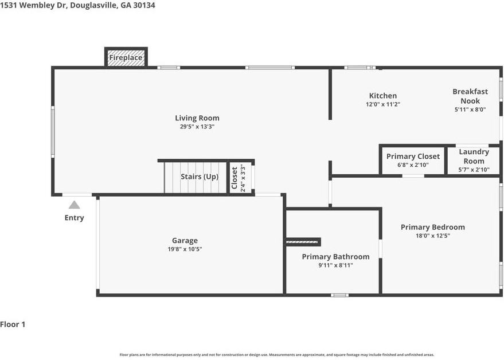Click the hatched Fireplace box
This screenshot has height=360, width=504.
pos(126,57)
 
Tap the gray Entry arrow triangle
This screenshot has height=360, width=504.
pos(74,205)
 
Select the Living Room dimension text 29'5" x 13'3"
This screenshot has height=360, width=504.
pos(197,127)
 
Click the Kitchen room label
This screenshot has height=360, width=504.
pos(383,96)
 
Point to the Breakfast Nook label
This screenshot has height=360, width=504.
pos(470,96)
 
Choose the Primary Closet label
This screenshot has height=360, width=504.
pos(413,156)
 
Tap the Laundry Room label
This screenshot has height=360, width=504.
pos(474,156)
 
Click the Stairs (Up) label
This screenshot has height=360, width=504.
pos(200,177)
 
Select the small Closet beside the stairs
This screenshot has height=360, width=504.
pos(241,178)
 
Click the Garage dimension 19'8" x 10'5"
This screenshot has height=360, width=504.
pos(185,249)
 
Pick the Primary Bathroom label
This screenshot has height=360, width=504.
pos(335,256)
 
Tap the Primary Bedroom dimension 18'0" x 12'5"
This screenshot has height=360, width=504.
pos(433,236)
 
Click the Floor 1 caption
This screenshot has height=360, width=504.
pos(13,324)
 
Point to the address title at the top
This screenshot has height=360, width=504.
pos(77,5)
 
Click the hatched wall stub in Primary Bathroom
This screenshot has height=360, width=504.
pos(303,242)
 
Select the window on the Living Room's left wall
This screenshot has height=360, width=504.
pos(53,132)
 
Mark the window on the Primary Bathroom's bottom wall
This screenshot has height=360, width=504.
pos(340,295)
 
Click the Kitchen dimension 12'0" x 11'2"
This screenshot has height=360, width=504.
pos(383,104)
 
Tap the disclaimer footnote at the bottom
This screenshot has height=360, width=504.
pos(277,355)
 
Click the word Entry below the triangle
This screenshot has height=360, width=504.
pos(74,218)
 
